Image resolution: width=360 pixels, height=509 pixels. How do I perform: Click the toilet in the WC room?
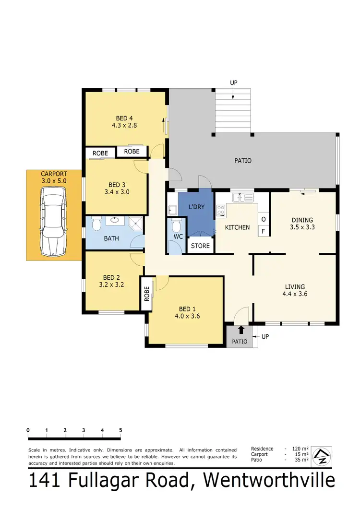pos(176,226)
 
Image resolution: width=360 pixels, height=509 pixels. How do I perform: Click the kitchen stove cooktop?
pos(221,210)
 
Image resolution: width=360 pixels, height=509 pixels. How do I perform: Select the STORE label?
pos(200,246)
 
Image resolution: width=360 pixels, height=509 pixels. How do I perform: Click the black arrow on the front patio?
pos(241,330)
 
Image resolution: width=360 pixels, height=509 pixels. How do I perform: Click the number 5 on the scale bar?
pos(120,430)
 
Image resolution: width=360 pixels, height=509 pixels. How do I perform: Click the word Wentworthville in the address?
pos(269,481)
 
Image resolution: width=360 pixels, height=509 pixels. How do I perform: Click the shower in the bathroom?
pos(136,222)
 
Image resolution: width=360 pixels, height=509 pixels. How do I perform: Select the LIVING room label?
pos(295,287)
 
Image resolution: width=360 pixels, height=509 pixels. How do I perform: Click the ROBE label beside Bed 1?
pos(147,294)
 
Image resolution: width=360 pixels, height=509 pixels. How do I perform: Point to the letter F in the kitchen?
pos(264,231)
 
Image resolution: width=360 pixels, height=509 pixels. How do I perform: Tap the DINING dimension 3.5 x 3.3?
pos(303,228)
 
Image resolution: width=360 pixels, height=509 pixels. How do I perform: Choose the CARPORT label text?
pos(54,174)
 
